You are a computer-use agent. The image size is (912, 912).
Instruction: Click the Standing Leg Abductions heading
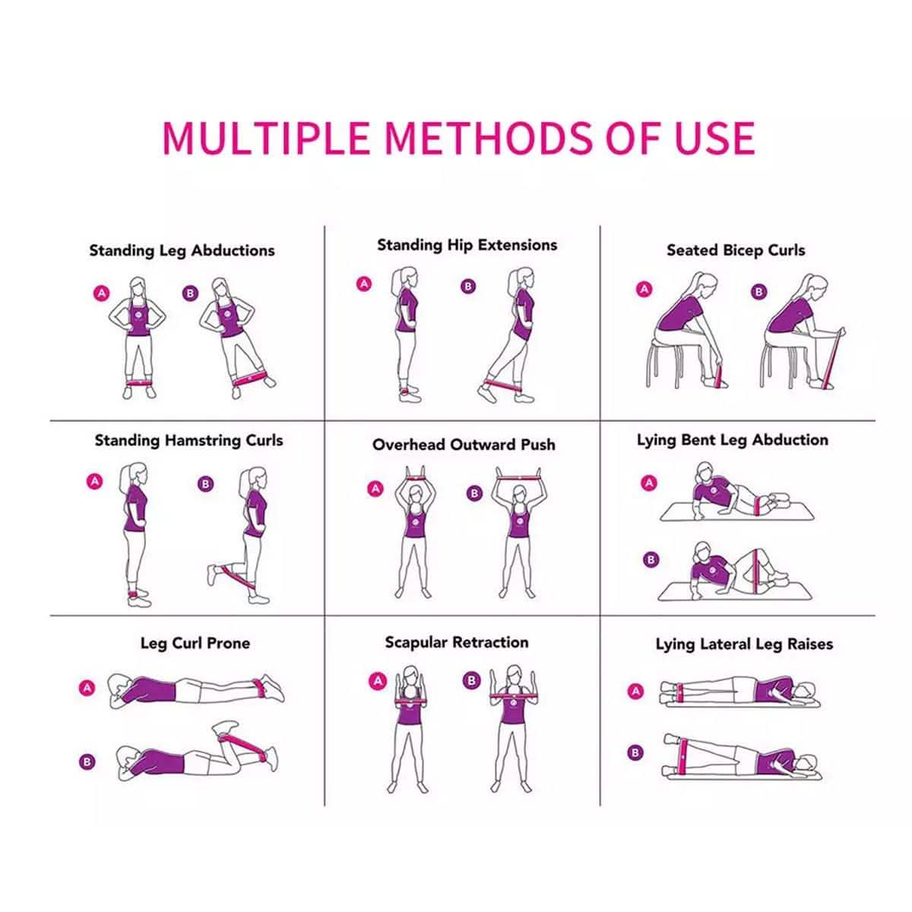point(182,251)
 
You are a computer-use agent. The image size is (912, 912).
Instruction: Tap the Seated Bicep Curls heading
point(735,250)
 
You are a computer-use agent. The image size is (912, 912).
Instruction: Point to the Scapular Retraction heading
point(456,643)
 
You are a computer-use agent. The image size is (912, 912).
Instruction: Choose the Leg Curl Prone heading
point(195,644)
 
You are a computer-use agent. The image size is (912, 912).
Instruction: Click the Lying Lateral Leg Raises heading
point(744,644)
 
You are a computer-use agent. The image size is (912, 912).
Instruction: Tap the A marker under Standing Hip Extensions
point(364,284)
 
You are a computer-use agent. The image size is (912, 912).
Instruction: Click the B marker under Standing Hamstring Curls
point(205,483)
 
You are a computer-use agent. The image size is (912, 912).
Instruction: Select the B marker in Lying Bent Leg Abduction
point(650,560)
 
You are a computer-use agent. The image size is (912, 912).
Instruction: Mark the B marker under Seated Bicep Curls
point(758,292)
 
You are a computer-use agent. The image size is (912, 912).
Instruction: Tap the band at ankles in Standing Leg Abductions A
point(139,382)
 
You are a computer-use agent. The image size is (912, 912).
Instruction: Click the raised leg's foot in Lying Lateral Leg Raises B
point(670,738)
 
